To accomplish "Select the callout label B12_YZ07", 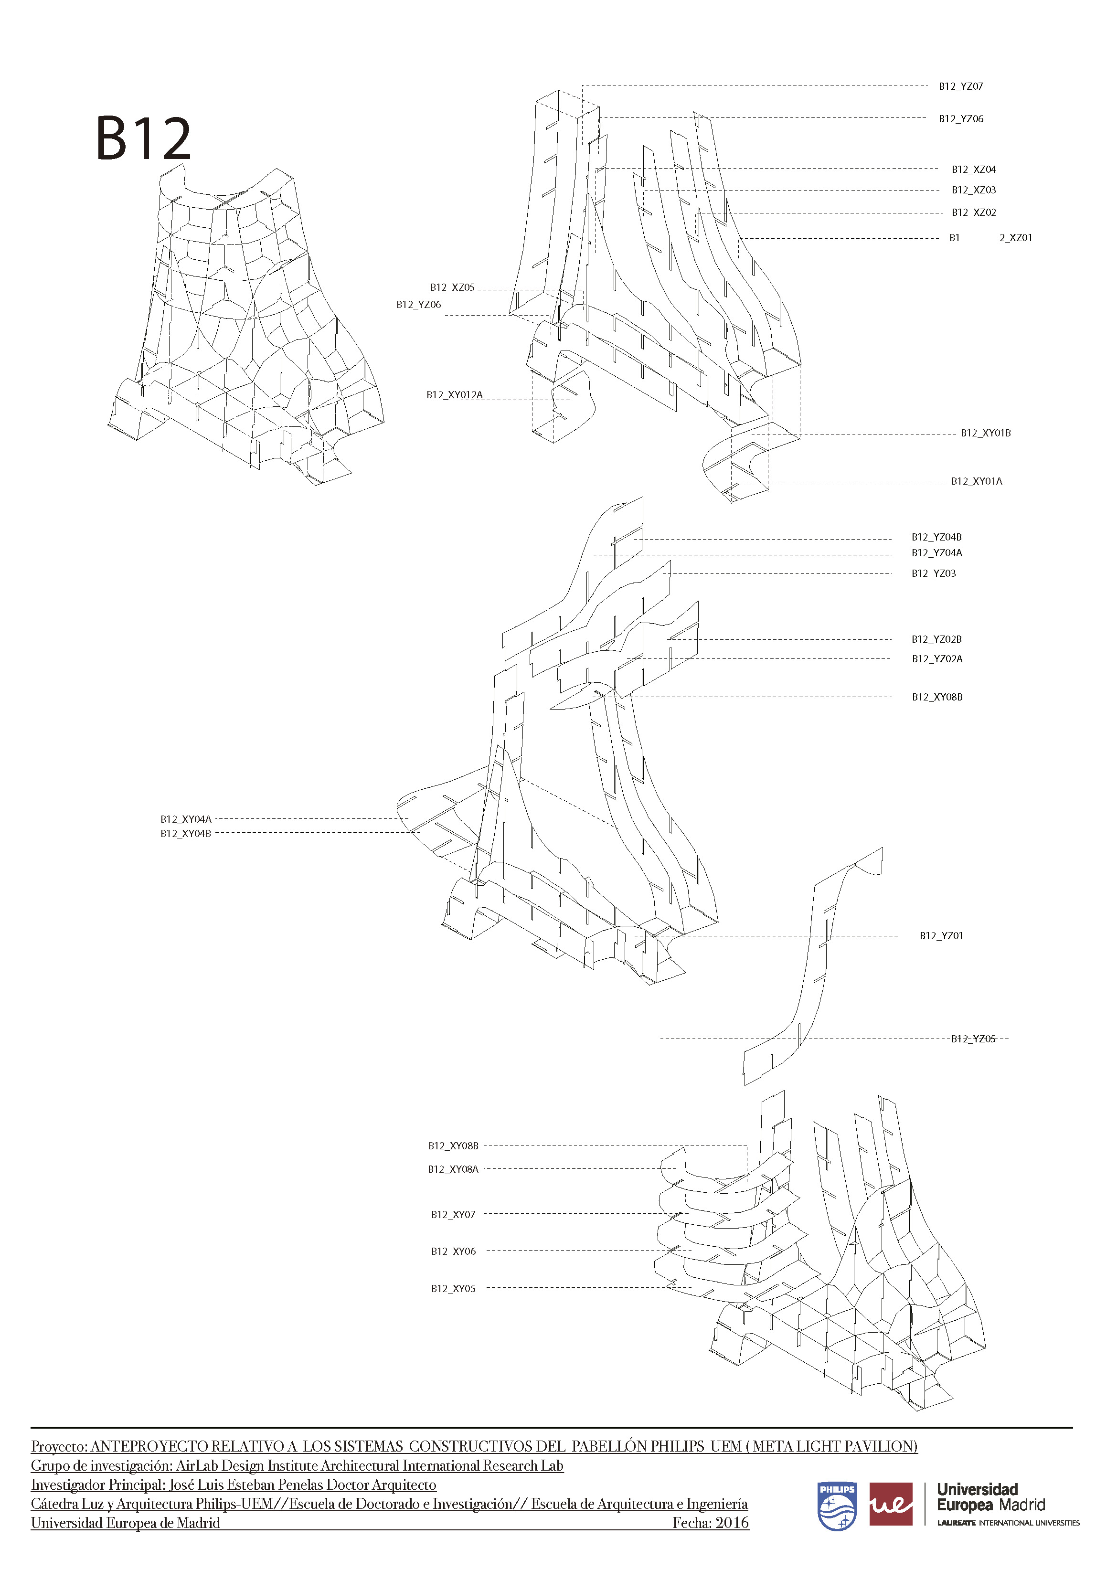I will click(961, 87).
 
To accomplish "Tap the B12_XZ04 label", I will click(974, 170).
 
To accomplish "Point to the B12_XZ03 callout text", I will click(974, 190).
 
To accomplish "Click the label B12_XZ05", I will click(452, 287).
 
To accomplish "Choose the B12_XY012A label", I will click(454, 395).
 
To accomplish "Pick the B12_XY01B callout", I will click(986, 433).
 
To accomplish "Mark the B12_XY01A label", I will click(977, 482).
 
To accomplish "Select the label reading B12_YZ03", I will click(934, 573).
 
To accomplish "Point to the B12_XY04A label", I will click(186, 819).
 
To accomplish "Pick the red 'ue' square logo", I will click(891, 1504).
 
